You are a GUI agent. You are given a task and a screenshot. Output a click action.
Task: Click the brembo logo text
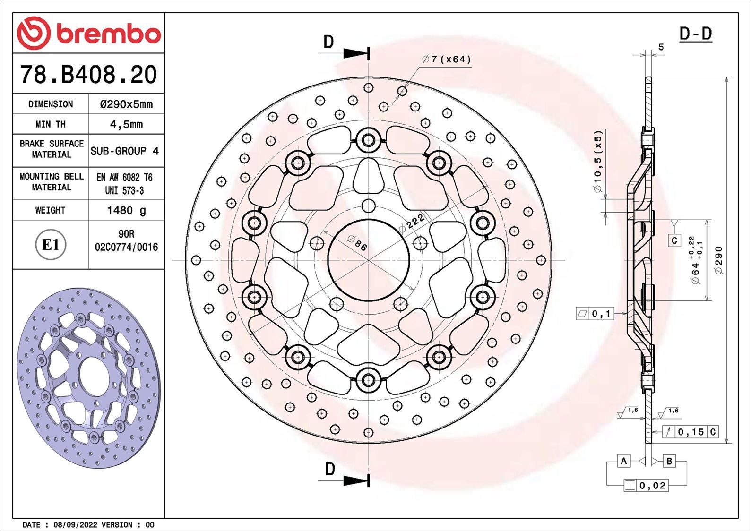pos(108,34)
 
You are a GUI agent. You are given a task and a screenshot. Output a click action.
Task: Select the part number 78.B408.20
pos(88,75)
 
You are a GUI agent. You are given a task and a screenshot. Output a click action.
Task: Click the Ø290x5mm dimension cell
pos(126,104)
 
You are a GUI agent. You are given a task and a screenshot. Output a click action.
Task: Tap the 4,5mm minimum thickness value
pos(126,125)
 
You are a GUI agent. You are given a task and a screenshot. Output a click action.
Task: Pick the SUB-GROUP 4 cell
pos(125,151)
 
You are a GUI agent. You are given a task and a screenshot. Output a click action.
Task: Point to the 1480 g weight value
pos(126,210)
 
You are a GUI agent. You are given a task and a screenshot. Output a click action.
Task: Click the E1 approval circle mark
pos(51,245)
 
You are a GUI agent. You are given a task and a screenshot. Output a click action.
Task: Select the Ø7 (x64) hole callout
pos(447,60)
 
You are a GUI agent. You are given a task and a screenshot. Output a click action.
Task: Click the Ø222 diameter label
pos(411,222)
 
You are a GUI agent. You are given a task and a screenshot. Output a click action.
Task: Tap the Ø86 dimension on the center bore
pos(357,243)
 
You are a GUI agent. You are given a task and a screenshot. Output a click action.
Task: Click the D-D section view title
pos(695,34)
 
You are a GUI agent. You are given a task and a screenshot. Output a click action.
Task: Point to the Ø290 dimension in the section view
pos(719,260)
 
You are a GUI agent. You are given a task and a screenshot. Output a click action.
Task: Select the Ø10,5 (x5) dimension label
pos(598,162)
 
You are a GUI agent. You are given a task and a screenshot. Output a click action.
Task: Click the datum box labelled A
pos(624,461)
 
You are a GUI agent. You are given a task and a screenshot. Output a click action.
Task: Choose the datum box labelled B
pos(669,461)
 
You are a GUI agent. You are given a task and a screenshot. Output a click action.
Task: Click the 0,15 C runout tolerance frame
pos(691,432)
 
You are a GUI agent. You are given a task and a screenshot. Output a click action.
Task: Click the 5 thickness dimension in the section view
pos(661,47)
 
